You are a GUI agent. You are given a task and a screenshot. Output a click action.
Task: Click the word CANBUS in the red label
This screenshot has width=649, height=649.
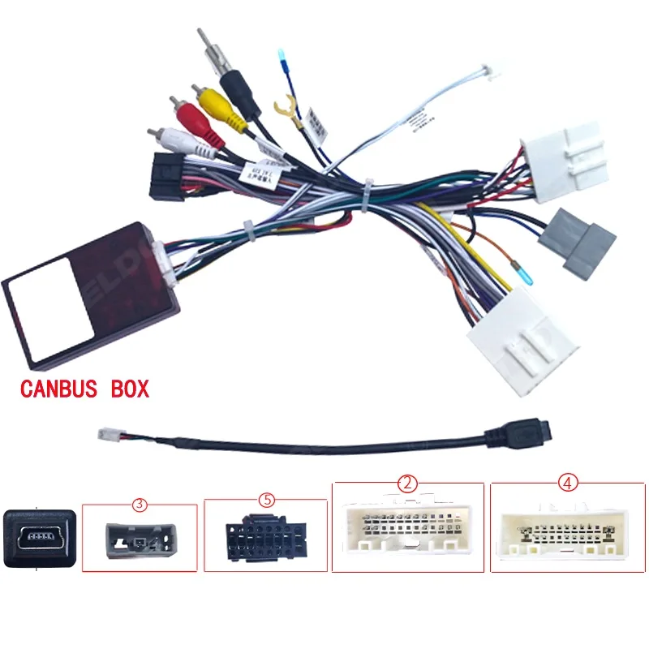tap(62, 389)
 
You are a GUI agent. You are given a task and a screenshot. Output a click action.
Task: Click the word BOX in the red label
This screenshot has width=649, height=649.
tap(130, 389)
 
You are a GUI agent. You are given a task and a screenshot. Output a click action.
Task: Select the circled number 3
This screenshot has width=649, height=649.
tap(140, 505)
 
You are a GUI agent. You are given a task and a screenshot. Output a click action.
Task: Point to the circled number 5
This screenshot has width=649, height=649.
tap(266, 500)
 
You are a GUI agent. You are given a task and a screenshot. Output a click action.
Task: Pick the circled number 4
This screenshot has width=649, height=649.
tap(567, 484)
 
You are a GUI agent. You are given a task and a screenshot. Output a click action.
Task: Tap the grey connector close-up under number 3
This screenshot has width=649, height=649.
tap(139, 539)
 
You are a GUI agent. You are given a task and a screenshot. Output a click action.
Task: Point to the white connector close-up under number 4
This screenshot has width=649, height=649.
tap(567, 531)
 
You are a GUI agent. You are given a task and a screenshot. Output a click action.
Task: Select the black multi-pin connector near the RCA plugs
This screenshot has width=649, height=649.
tap(167, 176)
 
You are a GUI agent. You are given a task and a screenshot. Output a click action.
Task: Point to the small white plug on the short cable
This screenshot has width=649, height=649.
tap(107, 434)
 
